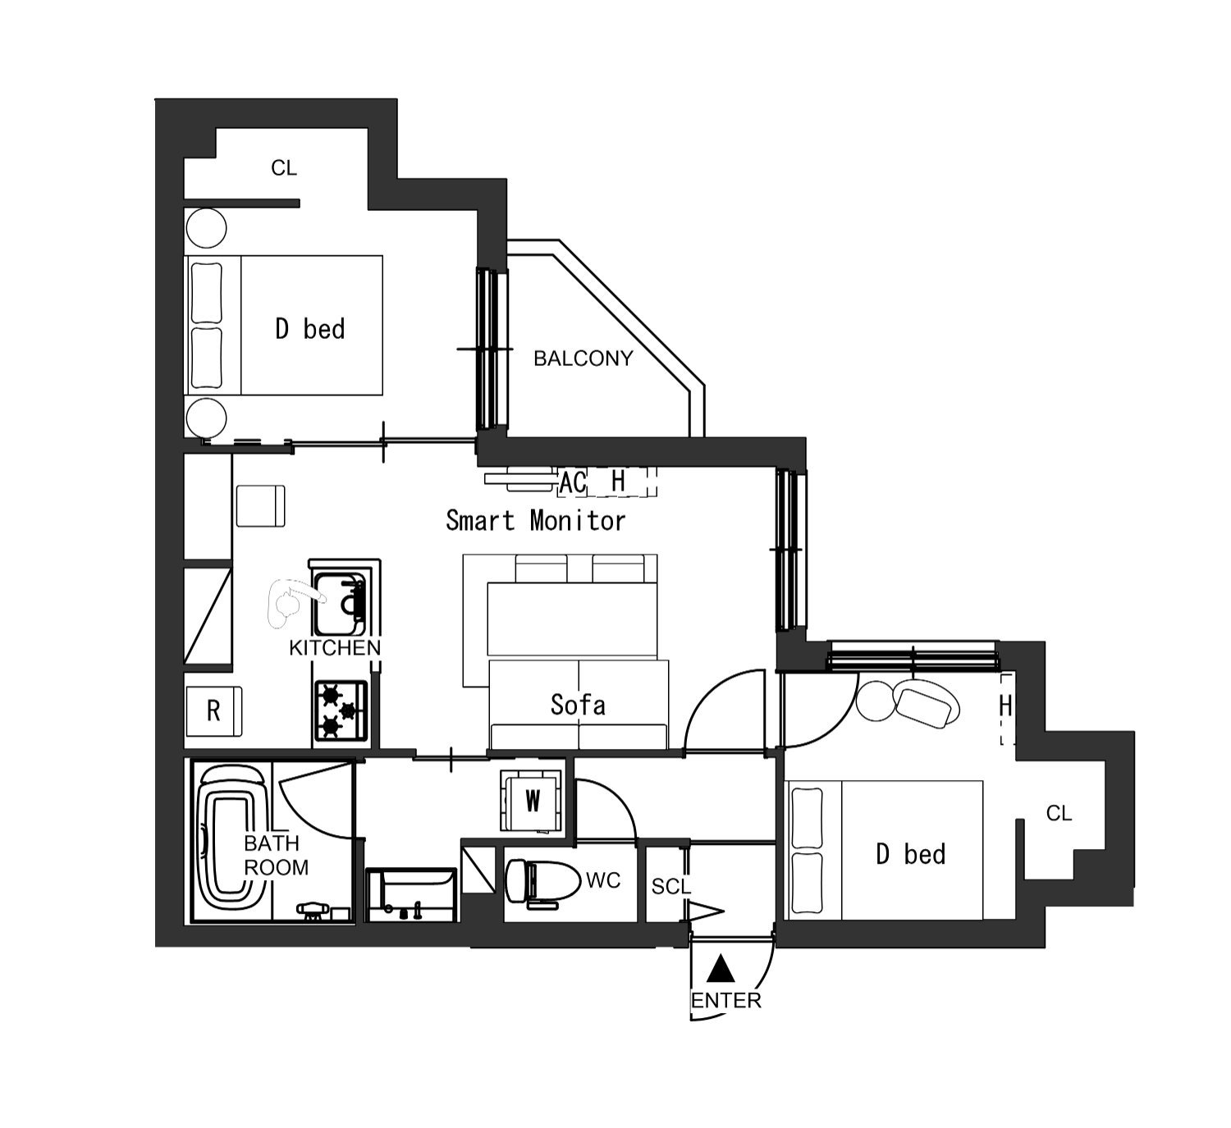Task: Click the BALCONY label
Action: (x=583, y=358)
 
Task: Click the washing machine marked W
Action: (x=532, y=801)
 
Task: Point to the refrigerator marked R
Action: (x=213, y=710)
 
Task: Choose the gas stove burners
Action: (x=341, y=710)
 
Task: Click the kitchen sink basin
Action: (x=340, y=604)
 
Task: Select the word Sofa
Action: (x=578, y=706)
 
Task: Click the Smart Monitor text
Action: (x=535, y=521)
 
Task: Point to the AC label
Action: (x=573, y=483)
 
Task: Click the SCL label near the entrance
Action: (x=671, y=886)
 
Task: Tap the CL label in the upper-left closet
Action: (x=284, y=167)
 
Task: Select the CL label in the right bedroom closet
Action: (x=1059, y=814)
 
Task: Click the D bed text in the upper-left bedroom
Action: (x=310, y=329)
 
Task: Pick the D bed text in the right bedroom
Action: (x=911, y=854)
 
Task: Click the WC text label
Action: (x=603, y=881)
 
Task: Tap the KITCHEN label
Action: (x=335, y=647)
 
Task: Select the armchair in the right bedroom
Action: (x=927, y=703)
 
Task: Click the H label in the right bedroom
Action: (x=1005, y=706)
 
